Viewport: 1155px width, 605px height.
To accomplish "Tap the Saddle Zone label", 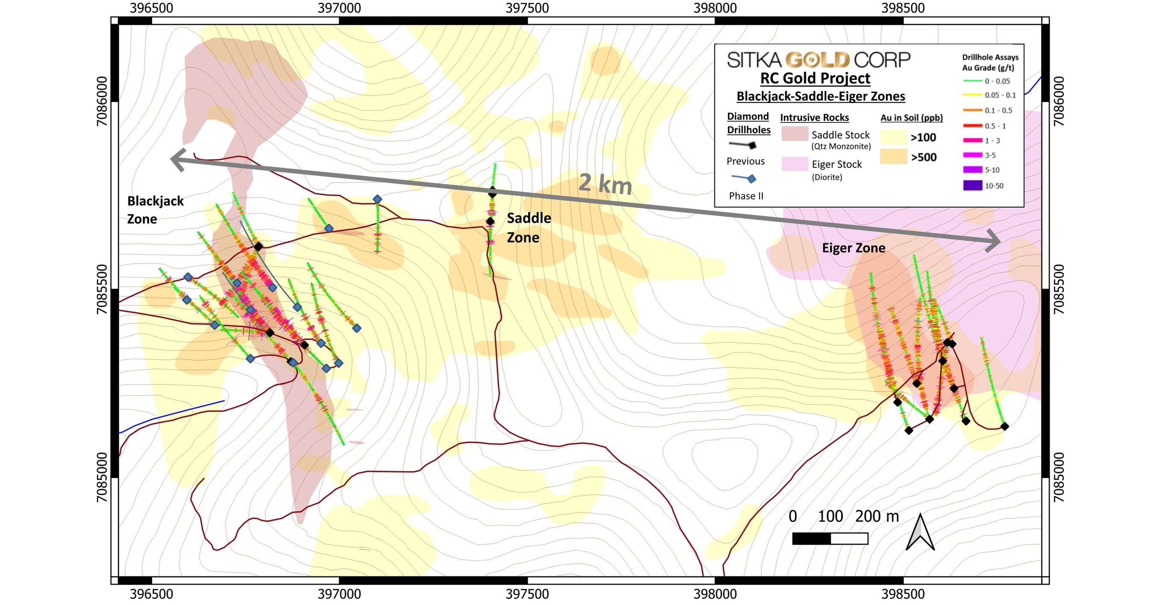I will [x=529, y=228].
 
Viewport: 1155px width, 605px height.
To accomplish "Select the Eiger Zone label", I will [x=853, y=248].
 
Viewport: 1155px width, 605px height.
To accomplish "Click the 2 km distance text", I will [x=605, y=184].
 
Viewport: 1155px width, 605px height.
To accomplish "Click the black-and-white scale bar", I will [x=829, y=538].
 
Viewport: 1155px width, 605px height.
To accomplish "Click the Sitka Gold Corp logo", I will [x=818, y=59].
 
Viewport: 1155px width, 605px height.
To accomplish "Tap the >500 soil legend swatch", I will [x=893, y=157].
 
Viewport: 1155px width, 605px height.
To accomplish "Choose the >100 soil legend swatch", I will [x=893, y=137].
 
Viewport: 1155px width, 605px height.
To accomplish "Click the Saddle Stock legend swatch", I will [x=794, y=133].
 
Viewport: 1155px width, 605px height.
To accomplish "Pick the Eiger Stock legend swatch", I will [x=794, y=164].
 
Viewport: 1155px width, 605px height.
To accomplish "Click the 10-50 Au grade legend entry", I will [x=972, y=185].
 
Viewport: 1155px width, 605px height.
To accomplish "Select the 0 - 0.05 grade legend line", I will [x=972, y=81].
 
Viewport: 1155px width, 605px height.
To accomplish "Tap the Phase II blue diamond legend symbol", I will [x=751, y=179].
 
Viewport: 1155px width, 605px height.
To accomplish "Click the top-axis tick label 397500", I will [x=527, y=8].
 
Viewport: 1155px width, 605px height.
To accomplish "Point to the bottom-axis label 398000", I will [x=715, y=594].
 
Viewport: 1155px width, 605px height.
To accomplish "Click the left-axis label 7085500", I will [x=102, y=289].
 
